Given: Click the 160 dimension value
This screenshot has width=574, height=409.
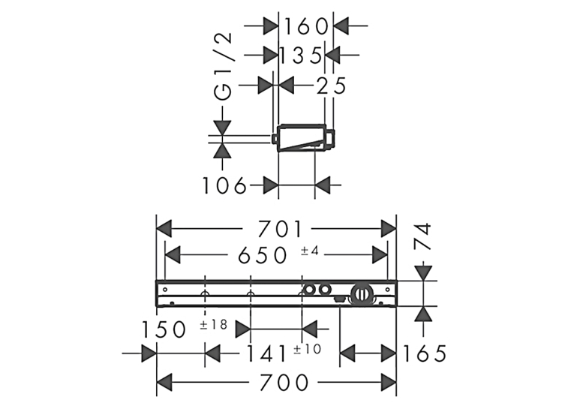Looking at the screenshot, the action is coord(306,26).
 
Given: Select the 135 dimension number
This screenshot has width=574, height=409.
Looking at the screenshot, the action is coord(301,56).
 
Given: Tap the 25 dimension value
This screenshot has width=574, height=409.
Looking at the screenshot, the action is coord(331,86).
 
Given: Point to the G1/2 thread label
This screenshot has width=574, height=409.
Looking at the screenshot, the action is coord(223,66).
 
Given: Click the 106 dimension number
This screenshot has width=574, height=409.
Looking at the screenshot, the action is coord(224,185).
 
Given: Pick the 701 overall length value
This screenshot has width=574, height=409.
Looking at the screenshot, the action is coord(280,229).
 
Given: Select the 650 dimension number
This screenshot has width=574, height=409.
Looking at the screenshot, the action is coord(263,255).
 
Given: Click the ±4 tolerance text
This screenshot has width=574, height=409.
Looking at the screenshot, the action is coord(310,251).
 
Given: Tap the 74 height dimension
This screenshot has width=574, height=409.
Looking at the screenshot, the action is coord(423,236).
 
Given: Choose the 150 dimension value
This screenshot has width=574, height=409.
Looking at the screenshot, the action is coord(164,329).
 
